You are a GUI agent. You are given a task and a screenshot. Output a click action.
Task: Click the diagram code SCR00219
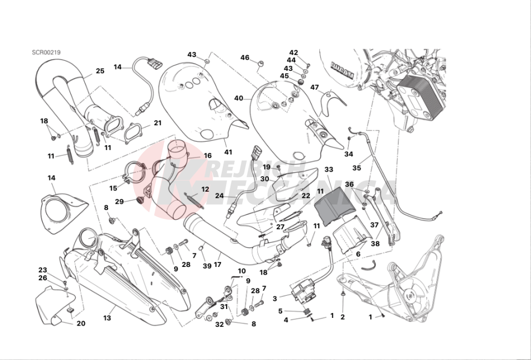46,53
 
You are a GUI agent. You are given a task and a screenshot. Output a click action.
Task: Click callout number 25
100,71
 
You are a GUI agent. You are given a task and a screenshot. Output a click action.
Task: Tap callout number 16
207,156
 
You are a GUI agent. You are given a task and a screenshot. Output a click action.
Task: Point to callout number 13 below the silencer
107,318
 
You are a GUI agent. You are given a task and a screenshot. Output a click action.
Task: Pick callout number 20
81,323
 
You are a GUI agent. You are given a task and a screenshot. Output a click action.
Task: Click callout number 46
244,57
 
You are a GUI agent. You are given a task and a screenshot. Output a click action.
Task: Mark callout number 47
314,88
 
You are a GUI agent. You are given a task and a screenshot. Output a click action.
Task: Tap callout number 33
329,169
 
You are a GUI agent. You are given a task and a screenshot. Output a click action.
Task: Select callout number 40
239,99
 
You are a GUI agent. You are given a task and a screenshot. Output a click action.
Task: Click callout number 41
228,151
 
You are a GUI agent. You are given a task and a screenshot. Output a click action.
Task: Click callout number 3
274,298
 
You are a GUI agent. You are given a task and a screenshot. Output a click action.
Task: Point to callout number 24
219,196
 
